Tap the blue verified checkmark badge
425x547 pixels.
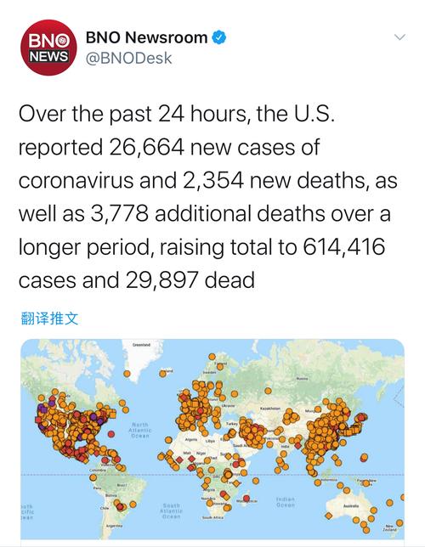[x=219, y=37]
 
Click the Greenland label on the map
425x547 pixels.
[x=141, y=345]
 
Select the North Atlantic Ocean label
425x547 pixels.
[x=140, y=430]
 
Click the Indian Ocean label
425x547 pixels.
[x=286, y=501]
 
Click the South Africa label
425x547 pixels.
[x=212, y=516]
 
